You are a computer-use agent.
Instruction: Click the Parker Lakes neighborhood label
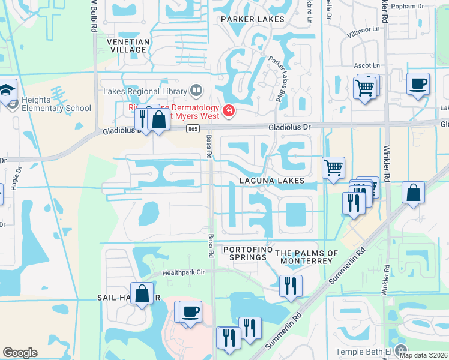(x=252, y=20)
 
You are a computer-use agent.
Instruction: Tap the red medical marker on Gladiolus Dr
(x=228, y=111)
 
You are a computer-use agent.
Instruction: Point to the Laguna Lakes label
(x=270, y=181)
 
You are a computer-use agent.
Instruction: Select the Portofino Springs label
(x=244, y=253)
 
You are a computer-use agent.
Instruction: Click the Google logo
(x=20, y=353)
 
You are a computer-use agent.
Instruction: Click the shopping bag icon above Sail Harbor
(x=142, y=294)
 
